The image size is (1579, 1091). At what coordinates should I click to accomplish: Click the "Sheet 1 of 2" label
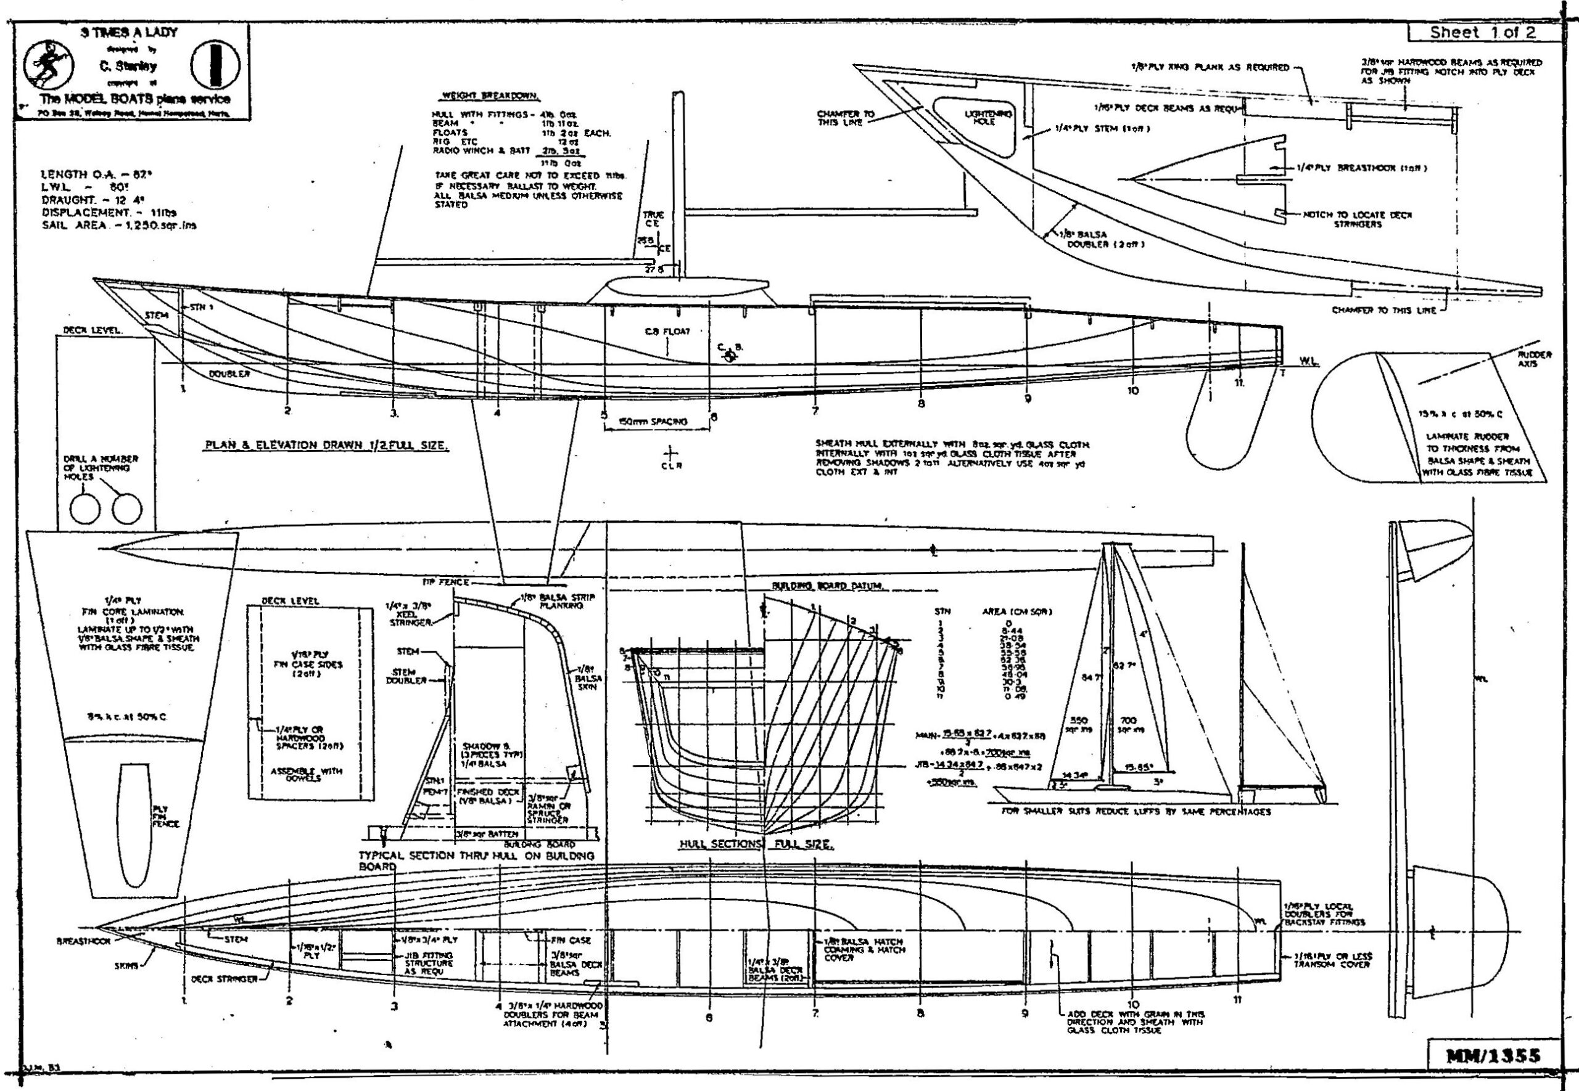(1482, 32)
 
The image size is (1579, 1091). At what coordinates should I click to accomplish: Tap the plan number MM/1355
(1493, 1055)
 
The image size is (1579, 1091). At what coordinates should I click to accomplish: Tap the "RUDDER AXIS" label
(1534, 359)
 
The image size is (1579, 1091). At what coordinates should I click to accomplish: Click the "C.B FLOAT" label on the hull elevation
(667, 332)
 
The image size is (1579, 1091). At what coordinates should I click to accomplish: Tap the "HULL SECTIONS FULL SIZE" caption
(755, 845)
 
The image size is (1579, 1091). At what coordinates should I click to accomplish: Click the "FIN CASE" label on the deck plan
(574, 940)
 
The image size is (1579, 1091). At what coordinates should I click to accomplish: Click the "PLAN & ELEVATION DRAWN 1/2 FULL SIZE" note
(328, 446)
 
